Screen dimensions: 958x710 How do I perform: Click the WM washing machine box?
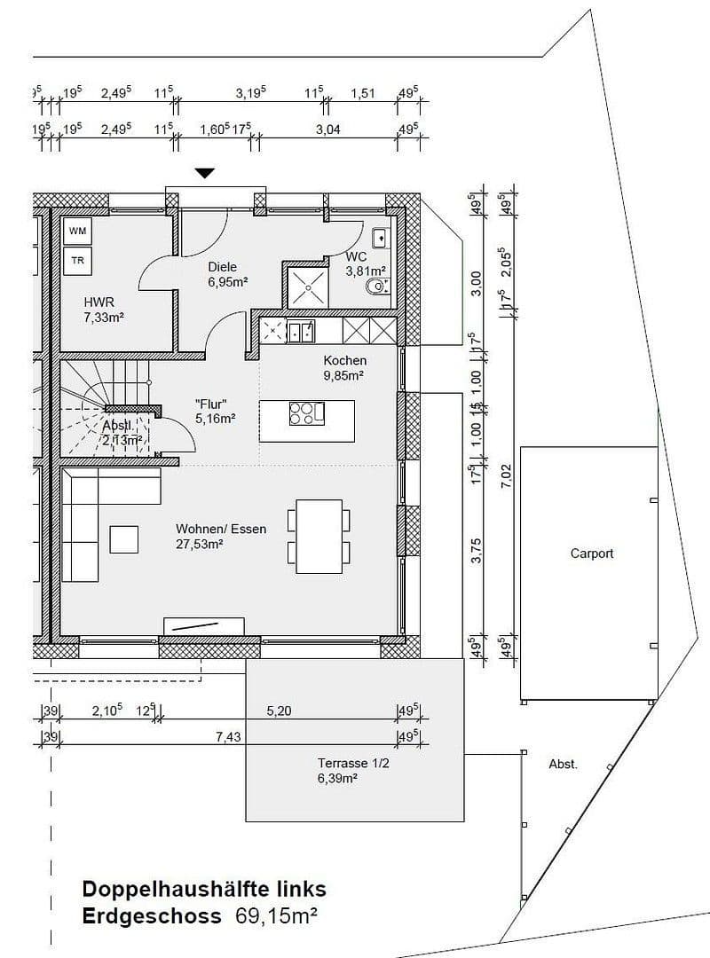pyautogui.click(x=78, y=232)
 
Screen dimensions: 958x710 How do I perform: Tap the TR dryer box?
pyautogui.click(x=78, y=260)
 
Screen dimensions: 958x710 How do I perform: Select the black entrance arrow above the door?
pyautogui.click(x=205, y=173)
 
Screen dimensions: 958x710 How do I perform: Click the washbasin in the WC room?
pyautogui.click(x=381, y=237)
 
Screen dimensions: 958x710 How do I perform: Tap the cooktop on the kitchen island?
pyautogui.click(x=306, y=413)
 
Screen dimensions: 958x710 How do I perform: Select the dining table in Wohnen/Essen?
pyautogui.click(x=318, y=537)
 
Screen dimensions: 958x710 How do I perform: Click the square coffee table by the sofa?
pyautogui.click(x=124, y=539)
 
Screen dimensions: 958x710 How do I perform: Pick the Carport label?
pyautogui.click(x=592, y=554)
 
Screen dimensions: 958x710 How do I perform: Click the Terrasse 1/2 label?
pyautogui.click(x=352, y=763)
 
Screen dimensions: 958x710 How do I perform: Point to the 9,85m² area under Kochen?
pyautogui.click(x=345, y=375)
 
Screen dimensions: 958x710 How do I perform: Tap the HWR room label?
pyautogui.click(x=99, y=302)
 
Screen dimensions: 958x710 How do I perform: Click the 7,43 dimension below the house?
pyautogui.click(x=228, y=736)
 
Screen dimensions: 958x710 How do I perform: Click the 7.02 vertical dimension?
pyautogui.click(x=507, y=475)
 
